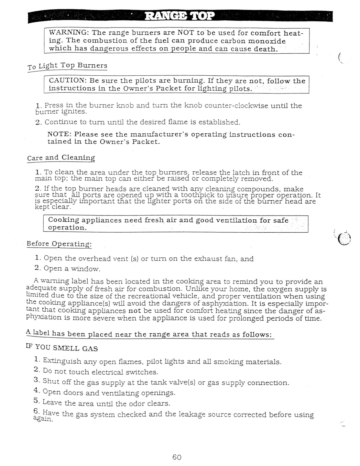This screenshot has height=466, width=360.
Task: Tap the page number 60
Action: [x=177, y=457]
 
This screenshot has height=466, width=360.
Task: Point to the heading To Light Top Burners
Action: [x=67, y=66]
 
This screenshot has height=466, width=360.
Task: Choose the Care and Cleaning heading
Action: [x=61, y=158]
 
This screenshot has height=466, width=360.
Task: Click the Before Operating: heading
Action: [x=59, y=244]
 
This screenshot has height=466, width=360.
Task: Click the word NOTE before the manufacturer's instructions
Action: [x=59, y=134]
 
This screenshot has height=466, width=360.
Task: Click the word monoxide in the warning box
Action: [x=267, y=41]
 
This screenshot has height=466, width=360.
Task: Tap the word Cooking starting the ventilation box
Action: [x=64, y=220]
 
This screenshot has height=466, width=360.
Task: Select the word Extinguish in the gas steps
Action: [x=62, y=361]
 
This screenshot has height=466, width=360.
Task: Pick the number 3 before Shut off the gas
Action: [x=37, y=380]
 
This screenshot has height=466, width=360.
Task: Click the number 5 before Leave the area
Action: [x=36, y=401]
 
